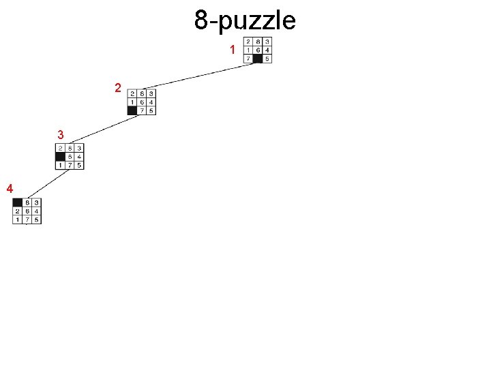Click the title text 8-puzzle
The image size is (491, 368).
[245, 20]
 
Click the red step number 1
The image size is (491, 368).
[233, 50]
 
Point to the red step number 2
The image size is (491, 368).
[118, 89]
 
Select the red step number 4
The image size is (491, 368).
[9, 187]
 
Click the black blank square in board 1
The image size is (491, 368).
[258, 59]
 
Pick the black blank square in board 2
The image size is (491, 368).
[132, 110]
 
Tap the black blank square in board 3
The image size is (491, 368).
[61, 157]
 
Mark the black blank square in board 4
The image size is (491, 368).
[17, 202]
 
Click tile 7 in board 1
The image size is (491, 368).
[248, 59]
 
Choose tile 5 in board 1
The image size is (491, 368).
[267, 59]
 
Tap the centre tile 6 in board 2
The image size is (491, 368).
[141, 102]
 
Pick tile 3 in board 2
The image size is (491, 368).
[151, 93]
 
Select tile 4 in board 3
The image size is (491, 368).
[80, 157]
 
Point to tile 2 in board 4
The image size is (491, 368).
[17, 211]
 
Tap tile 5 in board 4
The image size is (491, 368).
[36, 220]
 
